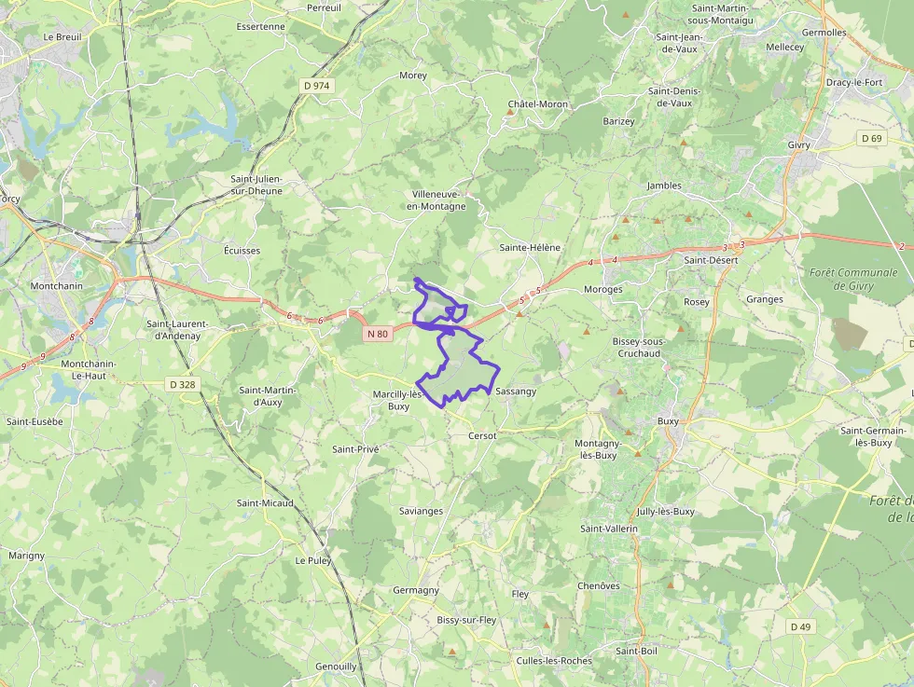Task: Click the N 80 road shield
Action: [377, 334]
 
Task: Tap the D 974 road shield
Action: [316, 85]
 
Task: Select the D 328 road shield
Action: [184, 383]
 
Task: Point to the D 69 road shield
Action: [871, 138]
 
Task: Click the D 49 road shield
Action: [800, 626]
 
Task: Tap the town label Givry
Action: [799, 145]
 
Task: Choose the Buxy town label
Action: [668, 421]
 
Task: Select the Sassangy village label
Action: [516, 392]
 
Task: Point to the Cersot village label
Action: [482, 435]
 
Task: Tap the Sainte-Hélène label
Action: [530, 247]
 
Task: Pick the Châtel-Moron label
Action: [537, 103]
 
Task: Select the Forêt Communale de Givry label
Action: [854, 279]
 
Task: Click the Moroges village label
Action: [602, 290]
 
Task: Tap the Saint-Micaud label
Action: [265, 503]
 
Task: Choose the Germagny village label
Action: [416, 590]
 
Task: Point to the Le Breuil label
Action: [62, 37]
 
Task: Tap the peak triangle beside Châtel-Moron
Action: [510, 113]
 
